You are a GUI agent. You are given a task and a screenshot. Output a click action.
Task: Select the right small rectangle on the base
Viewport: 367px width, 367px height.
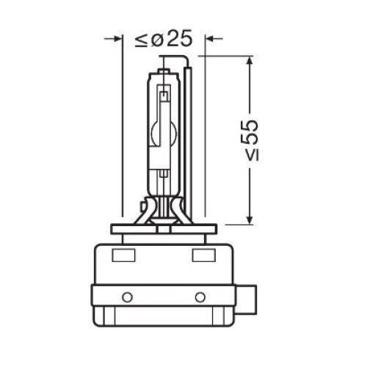pyautogui.click(x=203, y=255)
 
